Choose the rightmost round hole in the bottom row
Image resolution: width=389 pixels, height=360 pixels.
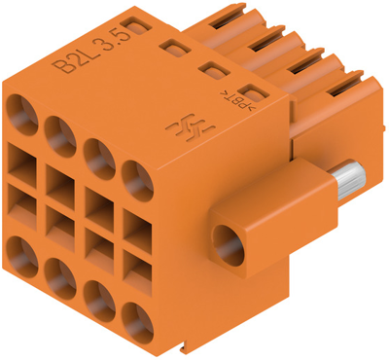[137, 320]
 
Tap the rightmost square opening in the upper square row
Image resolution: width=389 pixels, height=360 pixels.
[137, 226]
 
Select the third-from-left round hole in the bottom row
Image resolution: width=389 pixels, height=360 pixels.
[98, 303]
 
